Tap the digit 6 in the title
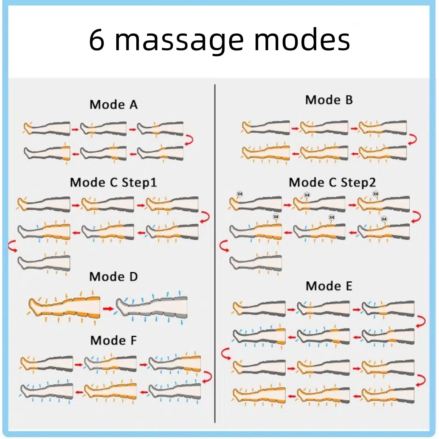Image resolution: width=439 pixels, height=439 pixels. tap(97, 40)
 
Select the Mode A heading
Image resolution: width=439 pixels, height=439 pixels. tap(114, 105)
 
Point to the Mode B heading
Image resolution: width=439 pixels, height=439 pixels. tap(329, 100)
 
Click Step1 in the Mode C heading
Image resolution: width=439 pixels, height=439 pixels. tap(139, 183)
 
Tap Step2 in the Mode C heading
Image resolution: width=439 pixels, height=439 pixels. tap(358, 182)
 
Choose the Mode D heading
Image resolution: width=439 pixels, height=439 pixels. tap(114, 277)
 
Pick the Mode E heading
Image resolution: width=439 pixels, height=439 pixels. tap(329, 286)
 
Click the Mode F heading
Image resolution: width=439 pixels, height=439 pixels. tap(114, 340)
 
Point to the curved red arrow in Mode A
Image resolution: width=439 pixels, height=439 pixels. tap(189, 140)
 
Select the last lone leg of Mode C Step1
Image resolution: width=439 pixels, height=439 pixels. tap(44, 263)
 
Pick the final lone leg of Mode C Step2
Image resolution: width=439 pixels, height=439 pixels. tap(255, 263)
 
